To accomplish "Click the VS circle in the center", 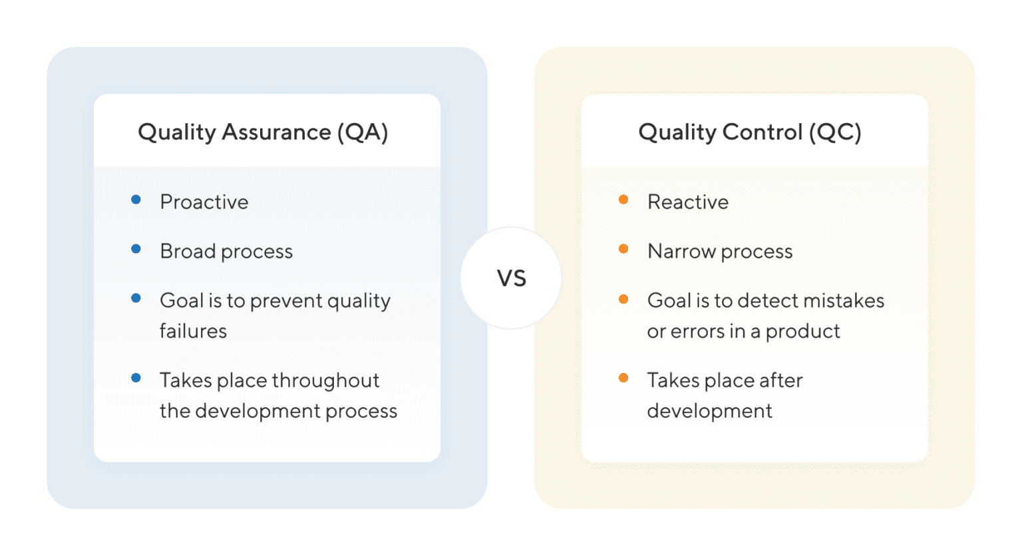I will [511, 278].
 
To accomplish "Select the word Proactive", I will [204, 202].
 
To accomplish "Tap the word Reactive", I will [687, 202].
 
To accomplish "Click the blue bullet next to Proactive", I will [136, 200].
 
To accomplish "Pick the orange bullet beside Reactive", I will [623, 200].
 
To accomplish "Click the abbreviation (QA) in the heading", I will [362, 132].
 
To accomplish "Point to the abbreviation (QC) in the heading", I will [835, 132].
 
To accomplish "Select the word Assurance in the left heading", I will [276, 132].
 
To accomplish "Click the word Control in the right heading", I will [762, 132].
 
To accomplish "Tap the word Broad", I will [188, 251].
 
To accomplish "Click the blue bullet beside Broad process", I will [136, 249].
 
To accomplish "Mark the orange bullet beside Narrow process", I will [623, 249].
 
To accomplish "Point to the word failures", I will [193, 331].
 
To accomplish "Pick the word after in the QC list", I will [780, 380].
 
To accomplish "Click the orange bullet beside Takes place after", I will [623, 378].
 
